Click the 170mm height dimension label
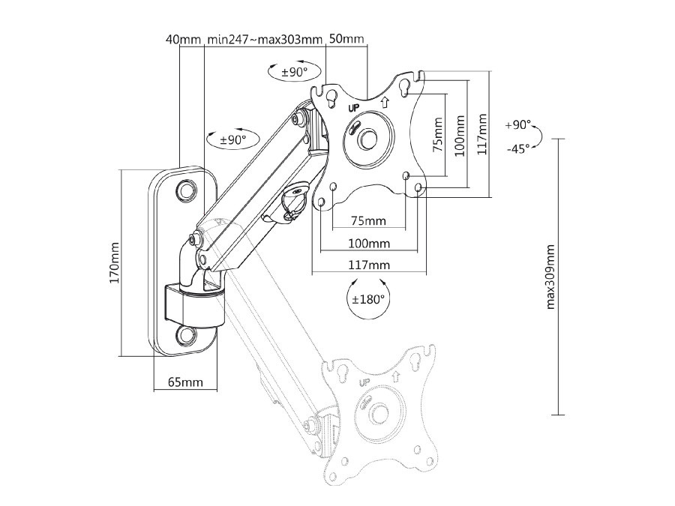[x=115, y=262]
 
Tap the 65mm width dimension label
[x=185, y=382]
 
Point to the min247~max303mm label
[x=265, y=39]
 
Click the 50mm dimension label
[x=346, y=39]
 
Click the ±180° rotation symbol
[x=368, y=298]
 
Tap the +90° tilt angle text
[x=518, y=124]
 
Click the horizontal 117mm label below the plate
[x=368, y=265]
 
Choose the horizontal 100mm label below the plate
[x=368, y=243]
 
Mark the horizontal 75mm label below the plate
[x=368, y=220]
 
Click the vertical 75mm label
[x=438, y=135]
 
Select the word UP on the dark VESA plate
[x=354, y=107]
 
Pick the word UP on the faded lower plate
[x=367, y=382]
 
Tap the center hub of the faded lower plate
[x=380, y=414]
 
